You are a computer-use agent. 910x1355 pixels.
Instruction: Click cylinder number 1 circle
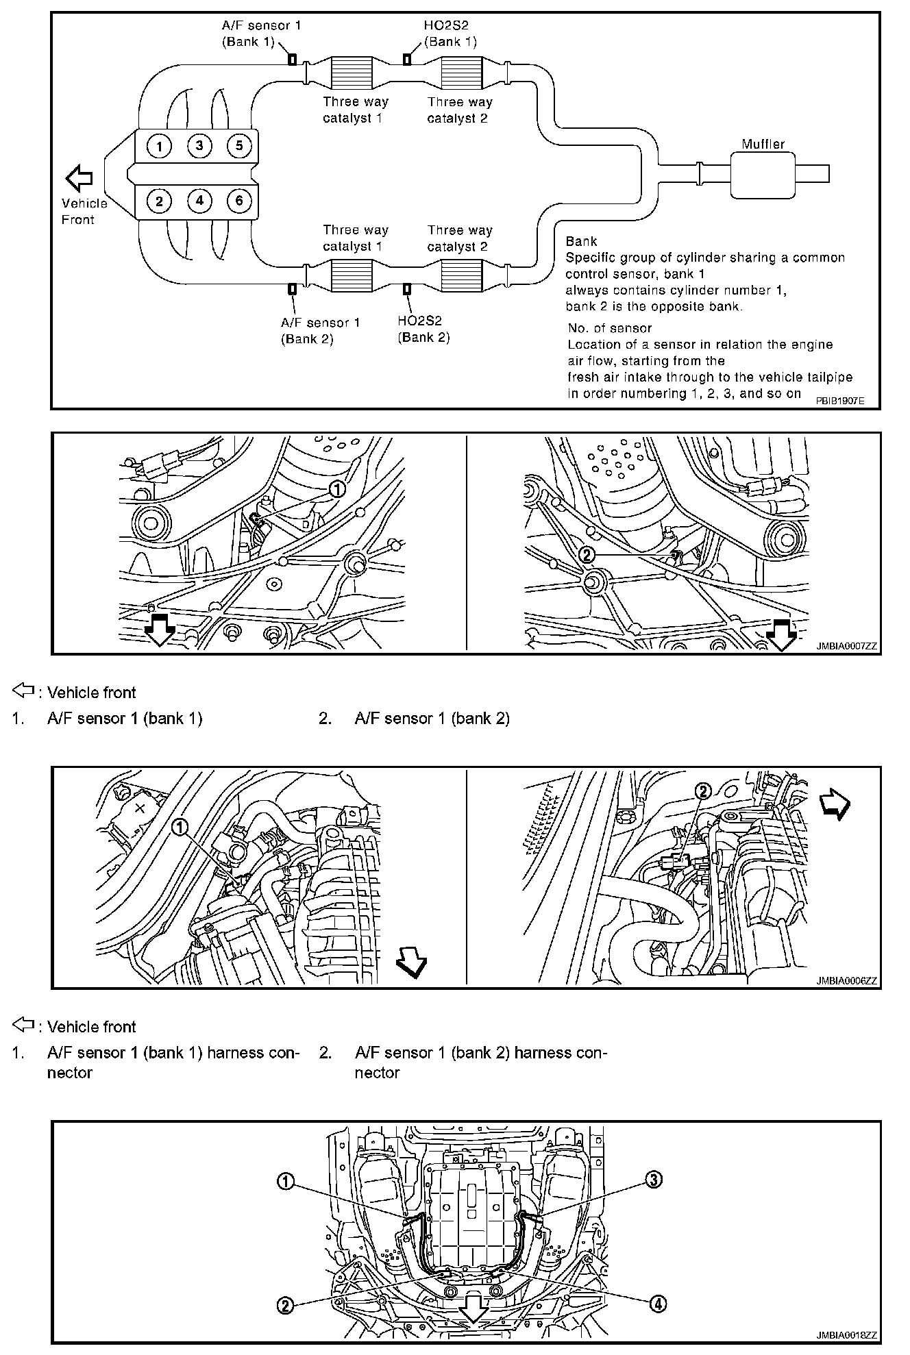click(159, 146)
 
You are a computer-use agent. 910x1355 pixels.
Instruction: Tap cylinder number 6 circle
click(239, 201)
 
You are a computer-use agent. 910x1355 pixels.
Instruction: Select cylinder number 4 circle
click(199, 201)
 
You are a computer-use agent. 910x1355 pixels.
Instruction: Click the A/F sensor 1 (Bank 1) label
click(261, 33)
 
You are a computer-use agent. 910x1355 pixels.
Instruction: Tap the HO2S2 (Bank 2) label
click(423, 329)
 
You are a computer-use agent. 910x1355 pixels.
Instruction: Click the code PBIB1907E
click(839, 399)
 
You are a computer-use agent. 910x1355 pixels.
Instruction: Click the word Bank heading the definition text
click(581, 241)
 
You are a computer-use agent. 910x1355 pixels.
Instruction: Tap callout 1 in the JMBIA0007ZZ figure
click(336, 488)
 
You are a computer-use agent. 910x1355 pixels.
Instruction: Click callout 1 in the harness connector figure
click(180, 828)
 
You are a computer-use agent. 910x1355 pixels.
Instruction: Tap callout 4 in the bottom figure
click(656, 1304)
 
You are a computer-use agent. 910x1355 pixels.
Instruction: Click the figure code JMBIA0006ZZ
click(846, 980)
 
